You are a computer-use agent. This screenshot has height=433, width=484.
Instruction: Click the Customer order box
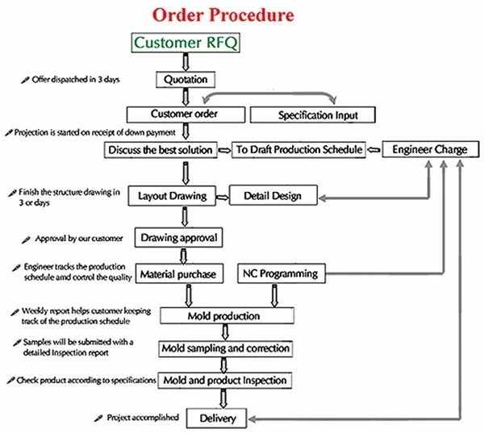pyautogui.click(x=185, y=114)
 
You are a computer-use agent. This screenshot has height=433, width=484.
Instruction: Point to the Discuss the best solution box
pyautogui.click(x=161, y=149)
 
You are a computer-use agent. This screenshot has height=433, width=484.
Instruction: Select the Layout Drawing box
pyautogui.click(x=172, y=195)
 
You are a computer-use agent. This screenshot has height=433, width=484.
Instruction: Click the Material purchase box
pyautogui.click(x=178, y=274)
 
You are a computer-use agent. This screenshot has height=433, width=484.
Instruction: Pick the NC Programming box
pyautogui.click(x=279, y=274)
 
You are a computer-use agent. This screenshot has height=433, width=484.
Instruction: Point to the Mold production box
pyautogui.click(x=224, y=314)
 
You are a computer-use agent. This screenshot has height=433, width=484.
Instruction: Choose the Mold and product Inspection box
pyautogui.click(x=224, y=379)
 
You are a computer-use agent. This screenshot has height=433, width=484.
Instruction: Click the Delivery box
pyautogui.click(x=216, y=418)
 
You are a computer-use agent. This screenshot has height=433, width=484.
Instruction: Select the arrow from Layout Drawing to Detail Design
pyautogui.click(x=219, y=195)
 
